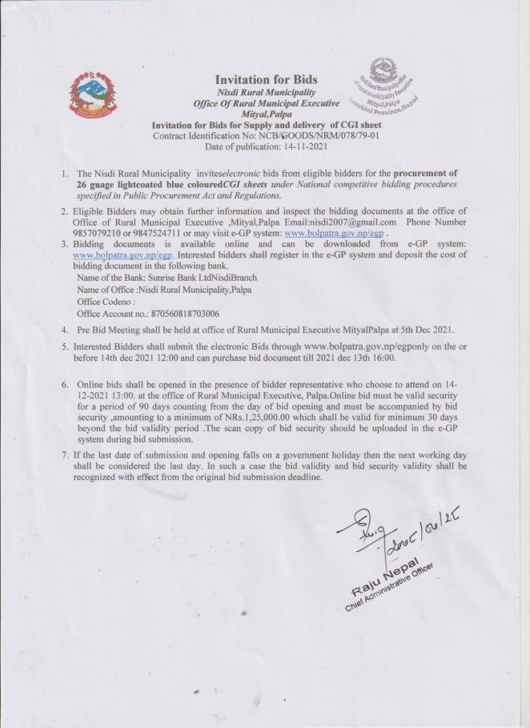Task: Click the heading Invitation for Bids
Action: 266,79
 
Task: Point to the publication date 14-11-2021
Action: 300,146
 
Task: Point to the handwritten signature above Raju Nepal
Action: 376,534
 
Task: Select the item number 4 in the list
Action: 65,329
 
